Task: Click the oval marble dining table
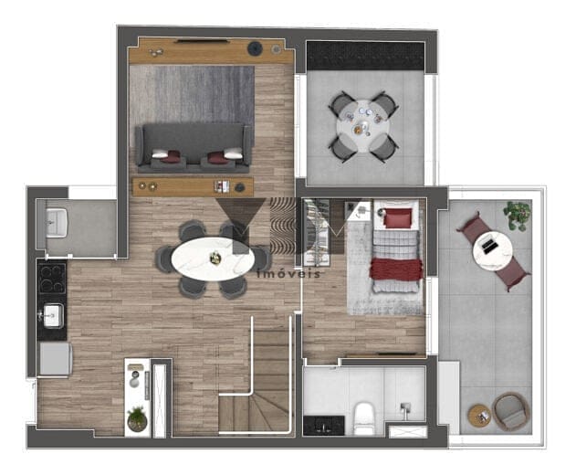pos(213,259)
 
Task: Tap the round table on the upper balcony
pos(363,126)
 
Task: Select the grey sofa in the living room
pos(194,148)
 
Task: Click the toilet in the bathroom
pos(363,418)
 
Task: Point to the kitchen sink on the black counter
pos(53,315)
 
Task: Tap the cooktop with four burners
pos(52,279)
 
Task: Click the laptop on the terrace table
pos(488,245)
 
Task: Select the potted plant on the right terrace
pos(518,215)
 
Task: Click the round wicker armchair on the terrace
pos(511,412)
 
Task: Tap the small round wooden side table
pos(480,416)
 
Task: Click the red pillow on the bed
pos(398,218)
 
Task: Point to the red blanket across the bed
pos(395,269)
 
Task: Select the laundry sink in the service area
pos(57,222)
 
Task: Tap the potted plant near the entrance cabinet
pos(137,418)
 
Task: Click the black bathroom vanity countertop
pos(324,426)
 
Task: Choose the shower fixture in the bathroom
pos(404,410)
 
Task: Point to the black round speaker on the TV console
pos(254,48)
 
